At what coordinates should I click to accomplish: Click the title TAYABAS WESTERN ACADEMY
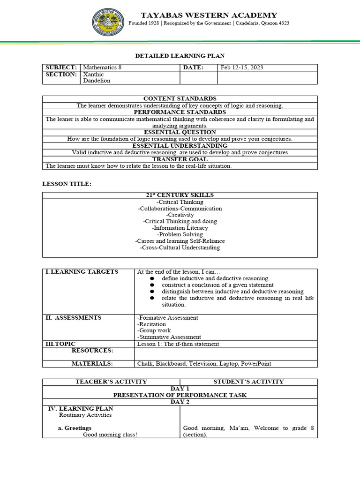pos(209,15)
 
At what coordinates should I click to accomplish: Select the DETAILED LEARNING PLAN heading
pos(180,56)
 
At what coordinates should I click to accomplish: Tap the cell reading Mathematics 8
pos(102,67)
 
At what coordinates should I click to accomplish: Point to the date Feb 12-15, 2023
pos(242,67)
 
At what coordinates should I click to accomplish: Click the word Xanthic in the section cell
pos(93,75)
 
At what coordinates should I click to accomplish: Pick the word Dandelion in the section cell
pos(97,81)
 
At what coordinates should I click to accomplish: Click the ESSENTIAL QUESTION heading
pos(180,133)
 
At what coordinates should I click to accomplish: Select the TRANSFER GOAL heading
pos(180,159)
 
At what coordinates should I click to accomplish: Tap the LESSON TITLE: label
pos(67,184)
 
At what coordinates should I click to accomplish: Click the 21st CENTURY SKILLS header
pos(180,195)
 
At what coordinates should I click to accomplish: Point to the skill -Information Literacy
pos(180,228)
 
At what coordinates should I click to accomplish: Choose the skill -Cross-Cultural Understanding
pos(180,247)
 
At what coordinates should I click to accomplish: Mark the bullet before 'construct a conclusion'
pos(152,285)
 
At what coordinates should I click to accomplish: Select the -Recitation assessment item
pos(151,324)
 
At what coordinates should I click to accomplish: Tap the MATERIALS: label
pos(92,364)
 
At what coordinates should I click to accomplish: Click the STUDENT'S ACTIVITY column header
pos(248,382)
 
